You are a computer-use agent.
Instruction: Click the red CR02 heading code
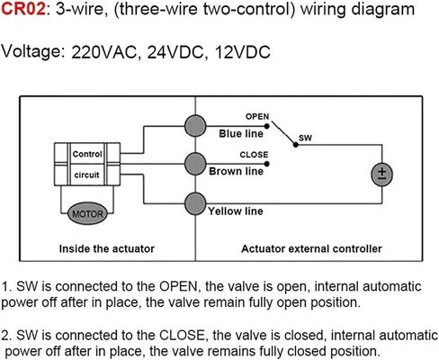click(23, 9)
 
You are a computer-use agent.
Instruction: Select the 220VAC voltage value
click(104, 52)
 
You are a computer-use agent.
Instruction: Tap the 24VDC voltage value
click(175, 52)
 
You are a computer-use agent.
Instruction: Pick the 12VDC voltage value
click(243, 52)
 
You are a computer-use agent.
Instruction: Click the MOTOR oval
click(87, 213)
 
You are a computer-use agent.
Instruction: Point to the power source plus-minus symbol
click(382, 175)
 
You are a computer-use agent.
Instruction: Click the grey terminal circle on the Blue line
click(195, 126)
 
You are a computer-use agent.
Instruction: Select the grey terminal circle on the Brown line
click(195, 164)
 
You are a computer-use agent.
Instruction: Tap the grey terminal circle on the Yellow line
click(195, 203)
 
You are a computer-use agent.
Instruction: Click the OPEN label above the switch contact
click(257, 116)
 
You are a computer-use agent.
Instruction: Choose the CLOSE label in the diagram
click(254, 155)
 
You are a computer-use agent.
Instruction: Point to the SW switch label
click(305, 138)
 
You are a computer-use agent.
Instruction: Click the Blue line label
click(241, 133)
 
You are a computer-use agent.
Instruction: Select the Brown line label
click(236, 171)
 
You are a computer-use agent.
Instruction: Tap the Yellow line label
click(236, 211)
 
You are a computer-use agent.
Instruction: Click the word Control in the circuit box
click(87, 154)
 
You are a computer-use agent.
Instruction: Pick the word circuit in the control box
click(86, 175)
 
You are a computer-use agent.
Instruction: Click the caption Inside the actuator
click(107, 248)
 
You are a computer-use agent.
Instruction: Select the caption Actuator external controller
click(311, 248)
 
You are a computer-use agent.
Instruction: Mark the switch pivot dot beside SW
click(296, 145)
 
